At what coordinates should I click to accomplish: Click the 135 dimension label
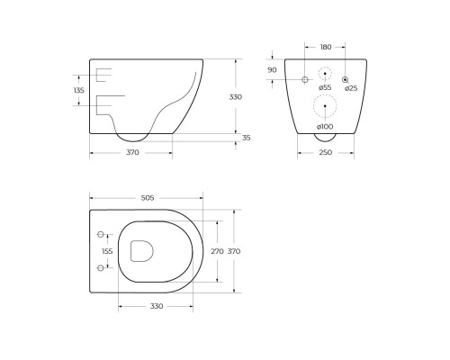pos(79,90)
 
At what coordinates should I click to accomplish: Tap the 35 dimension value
pos(246,138)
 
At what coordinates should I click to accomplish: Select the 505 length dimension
pos(148,198)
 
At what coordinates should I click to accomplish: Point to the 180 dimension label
pos(326,47)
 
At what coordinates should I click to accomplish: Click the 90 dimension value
pos(272,70)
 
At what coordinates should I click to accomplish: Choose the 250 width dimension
pos(326,153)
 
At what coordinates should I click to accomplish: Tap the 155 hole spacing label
pos(107,251)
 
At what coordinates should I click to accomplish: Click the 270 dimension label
pos(217,251)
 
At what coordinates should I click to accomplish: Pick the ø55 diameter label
pos(325,87)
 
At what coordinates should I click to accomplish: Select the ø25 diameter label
pos(351,88)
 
